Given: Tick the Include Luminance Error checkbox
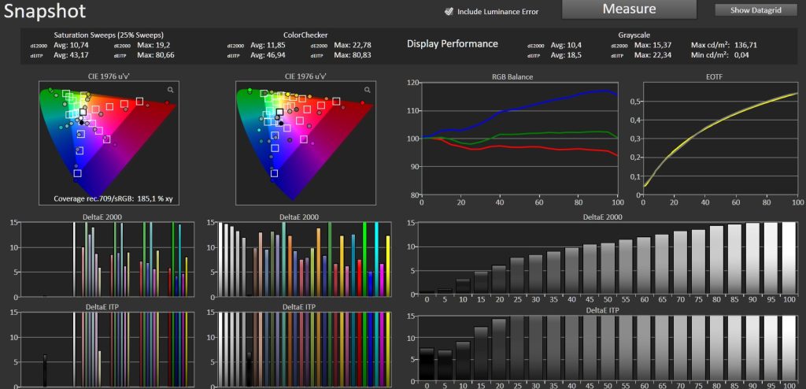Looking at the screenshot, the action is (x=449, y=11).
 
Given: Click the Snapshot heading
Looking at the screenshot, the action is (x=45, y=11).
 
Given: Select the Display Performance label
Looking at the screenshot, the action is (x=453, y=44).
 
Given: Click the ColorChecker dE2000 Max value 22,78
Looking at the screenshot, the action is (x=359, y=46).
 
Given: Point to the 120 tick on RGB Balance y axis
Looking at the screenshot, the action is (x=412, y=83).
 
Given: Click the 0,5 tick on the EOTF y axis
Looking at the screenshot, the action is (x=634, y=102).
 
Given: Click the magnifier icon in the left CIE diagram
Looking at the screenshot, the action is (x=170, y=90).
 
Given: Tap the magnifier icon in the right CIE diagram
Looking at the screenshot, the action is (x=367, y=90).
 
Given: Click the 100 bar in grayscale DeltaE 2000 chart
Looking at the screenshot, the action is (x=789, y=257).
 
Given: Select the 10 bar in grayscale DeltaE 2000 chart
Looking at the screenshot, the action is (x=463, y=286).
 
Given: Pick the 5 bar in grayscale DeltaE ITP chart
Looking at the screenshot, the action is (x=445, y=369).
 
